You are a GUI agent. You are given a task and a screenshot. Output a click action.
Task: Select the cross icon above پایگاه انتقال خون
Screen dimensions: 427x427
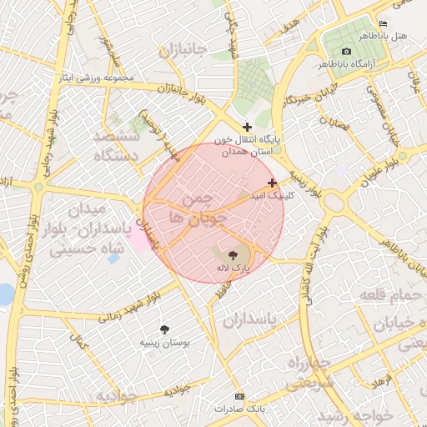point(247,127)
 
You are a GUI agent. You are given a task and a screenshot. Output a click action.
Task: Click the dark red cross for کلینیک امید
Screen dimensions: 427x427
point(272,183)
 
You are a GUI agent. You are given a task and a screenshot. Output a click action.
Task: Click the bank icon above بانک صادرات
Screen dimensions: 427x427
point(240,396)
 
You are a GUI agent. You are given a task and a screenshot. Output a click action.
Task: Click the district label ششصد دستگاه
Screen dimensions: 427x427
point(121,145)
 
